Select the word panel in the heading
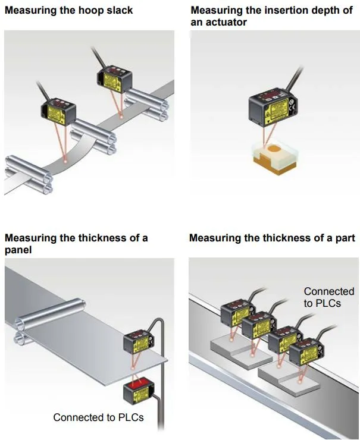click(18, 250)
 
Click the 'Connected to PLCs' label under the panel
click(98, 417)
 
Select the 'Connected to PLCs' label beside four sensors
click(328, 297)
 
